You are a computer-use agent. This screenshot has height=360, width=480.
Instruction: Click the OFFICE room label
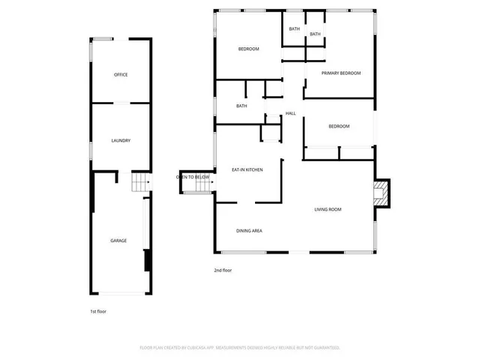click(121, 75)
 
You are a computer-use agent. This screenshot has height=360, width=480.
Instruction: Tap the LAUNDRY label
click(121, 140)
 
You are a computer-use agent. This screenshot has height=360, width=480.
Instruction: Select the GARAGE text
click(118, 241)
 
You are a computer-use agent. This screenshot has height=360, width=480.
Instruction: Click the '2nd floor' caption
click(223, 269)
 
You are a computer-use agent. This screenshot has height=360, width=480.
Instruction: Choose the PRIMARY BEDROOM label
click(340, 73)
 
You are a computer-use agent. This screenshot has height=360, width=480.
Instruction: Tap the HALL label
click(290, 113)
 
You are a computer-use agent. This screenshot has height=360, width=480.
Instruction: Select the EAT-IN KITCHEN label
click(247, 170)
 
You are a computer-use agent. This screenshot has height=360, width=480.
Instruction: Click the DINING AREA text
click(249, 230)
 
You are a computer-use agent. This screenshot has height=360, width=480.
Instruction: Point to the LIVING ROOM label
click(327, 209)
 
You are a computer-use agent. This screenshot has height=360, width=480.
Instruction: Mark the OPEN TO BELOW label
click(193, 177)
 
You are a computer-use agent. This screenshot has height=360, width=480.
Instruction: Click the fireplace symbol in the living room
click(382, 193)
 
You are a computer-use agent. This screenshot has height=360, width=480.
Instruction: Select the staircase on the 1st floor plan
click(140, 181)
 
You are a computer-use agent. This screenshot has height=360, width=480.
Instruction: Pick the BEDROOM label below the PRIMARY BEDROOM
click(339, 126)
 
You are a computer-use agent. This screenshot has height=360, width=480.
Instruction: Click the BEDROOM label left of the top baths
click(248, 49)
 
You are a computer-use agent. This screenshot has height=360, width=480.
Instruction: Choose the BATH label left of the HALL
click(241, 106)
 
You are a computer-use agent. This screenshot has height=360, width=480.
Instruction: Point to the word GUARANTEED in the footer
click(325, 348)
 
